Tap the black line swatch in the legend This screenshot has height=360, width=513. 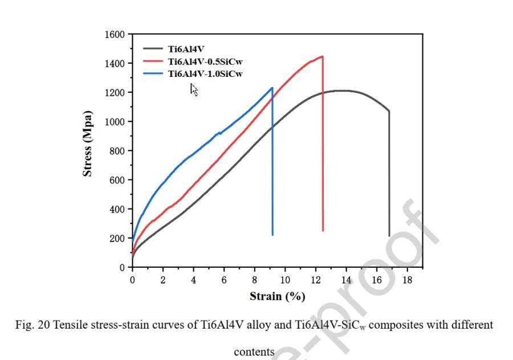coord(152,50)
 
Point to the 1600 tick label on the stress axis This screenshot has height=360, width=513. coord(115,34)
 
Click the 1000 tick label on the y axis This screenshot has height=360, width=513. coord(115,122)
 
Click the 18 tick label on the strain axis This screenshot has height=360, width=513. coord(408,280)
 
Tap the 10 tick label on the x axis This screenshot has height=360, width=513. coord(285,280)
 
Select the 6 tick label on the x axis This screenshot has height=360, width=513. coord(224,280)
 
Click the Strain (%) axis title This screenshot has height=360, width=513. coord(277,296)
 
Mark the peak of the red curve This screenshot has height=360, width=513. coord(322,56)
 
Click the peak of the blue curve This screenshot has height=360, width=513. coord(272,88)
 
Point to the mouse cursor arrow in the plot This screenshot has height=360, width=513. coord(193,89)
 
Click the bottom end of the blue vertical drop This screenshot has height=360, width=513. coord(272,235)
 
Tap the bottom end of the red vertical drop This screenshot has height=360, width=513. coord(323,230)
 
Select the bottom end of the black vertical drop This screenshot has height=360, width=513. coord(389,235)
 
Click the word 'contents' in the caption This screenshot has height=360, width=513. coord(254,352)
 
